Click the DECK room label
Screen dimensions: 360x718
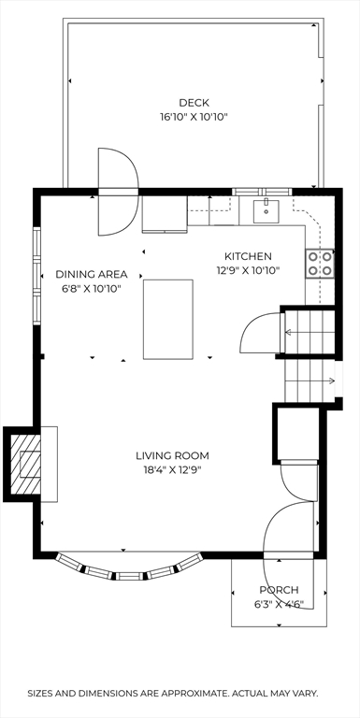[x=194, y=103]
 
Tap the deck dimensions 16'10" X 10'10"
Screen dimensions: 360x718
[x=194, y=117]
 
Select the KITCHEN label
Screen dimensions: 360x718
[x=248, y=256]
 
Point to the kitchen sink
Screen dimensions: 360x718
[x=266, y=211]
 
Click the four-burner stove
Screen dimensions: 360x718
[x=320, y=264]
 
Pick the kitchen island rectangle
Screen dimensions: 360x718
[x=168, y=319]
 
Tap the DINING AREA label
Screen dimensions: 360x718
[x=92, y=275]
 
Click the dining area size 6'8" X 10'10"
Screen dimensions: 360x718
[x=92, y=290]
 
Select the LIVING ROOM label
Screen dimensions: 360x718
[x=172, y=455]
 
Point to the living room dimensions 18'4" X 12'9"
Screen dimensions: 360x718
[x=172, y=470]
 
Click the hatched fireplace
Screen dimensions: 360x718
[x=25, y=465]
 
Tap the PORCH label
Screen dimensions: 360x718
[x=279, y=590]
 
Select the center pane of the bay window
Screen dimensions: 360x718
[x=130, y=576]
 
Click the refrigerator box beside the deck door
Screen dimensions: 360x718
[x=165, y=214]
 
